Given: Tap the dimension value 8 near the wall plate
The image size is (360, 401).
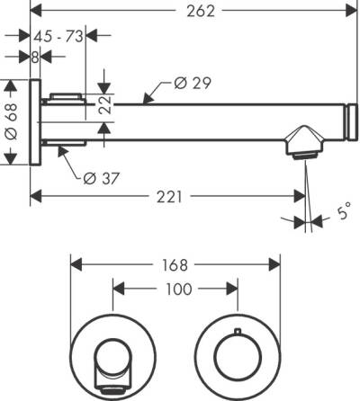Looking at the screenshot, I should [x=34, y=56].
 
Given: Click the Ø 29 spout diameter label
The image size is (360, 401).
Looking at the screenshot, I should [x=188, y=84].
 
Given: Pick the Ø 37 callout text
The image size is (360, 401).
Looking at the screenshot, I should [x=102, y=177].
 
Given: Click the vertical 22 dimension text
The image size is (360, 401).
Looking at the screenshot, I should [x=105, y=106].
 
